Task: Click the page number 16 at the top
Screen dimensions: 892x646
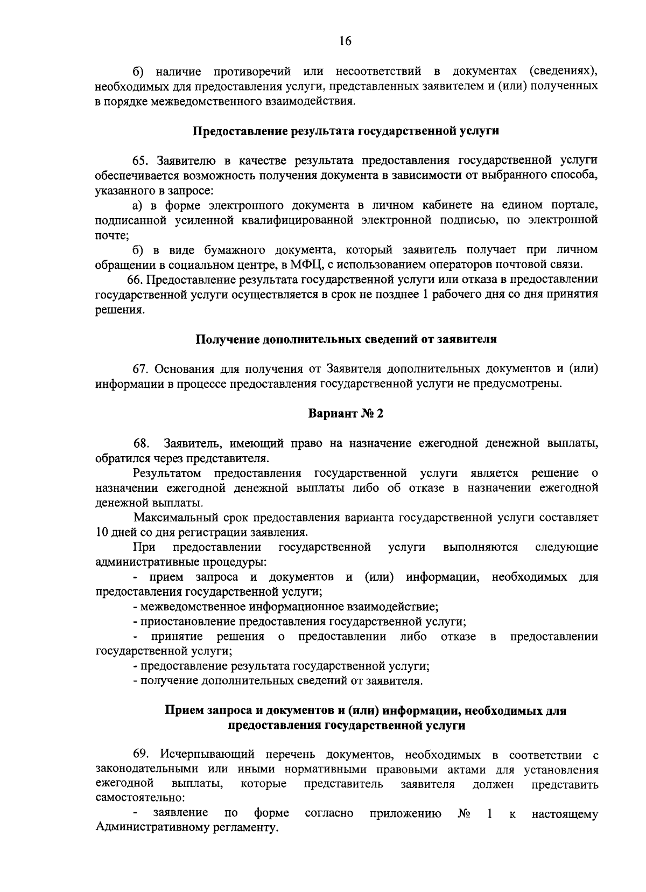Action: click(x=345, y=41)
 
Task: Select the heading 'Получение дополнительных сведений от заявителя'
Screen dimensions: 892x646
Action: click(x=345, y=339)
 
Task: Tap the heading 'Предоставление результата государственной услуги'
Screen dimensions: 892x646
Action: click(x=345, y=131)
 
